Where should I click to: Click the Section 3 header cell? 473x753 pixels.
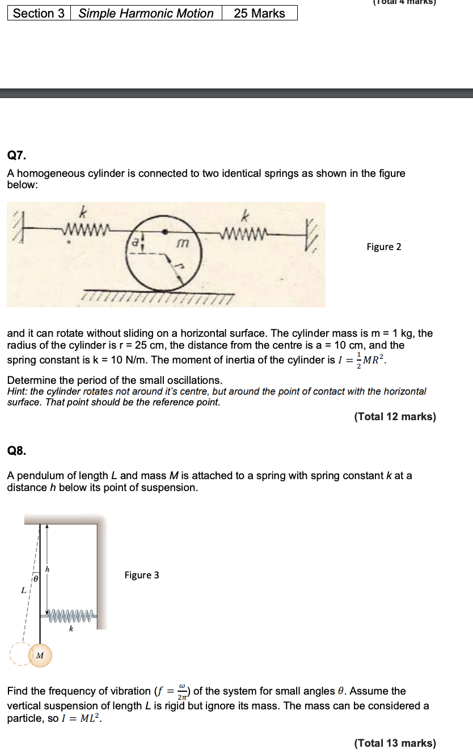39,13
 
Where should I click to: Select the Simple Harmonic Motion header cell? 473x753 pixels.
146,13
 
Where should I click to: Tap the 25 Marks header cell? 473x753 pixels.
259,13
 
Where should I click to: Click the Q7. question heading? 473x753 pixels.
16,155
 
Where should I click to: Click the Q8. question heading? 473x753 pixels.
16,451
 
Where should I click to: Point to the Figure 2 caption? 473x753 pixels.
383,247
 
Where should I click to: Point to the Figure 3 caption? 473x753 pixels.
142,575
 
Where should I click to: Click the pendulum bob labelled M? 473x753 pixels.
40,655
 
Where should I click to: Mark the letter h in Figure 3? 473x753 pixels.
48,569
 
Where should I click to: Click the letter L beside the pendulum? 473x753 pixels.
23,590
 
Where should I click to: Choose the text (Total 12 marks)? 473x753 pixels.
395,417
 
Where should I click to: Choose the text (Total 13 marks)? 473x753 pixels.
395,743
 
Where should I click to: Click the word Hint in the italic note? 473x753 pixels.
16,392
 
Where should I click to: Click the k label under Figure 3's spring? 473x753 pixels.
71,629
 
